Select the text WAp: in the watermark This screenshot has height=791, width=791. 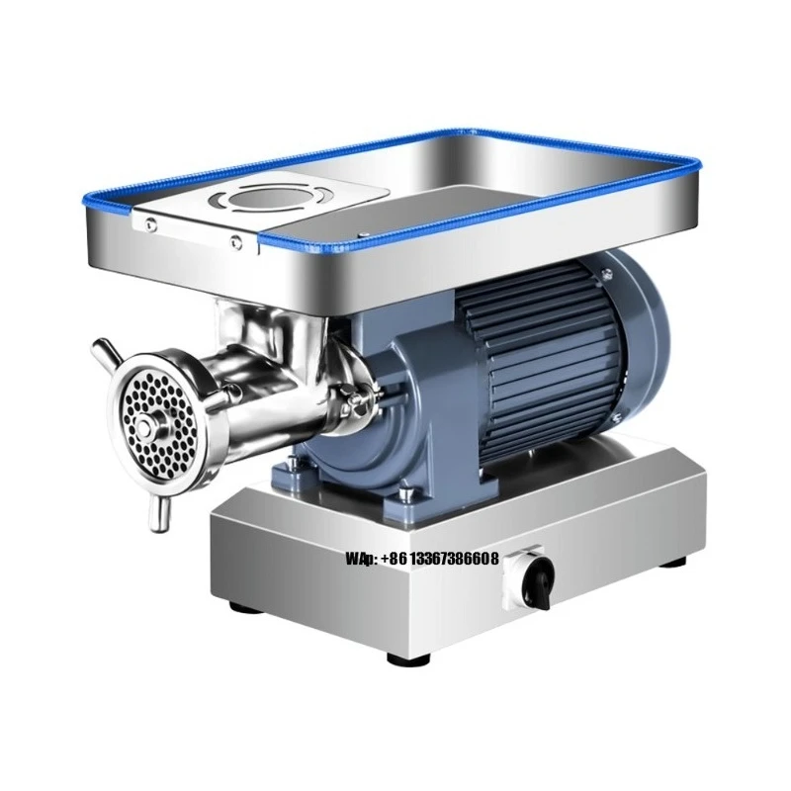point(361,560)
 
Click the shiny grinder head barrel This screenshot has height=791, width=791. point(267,381)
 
